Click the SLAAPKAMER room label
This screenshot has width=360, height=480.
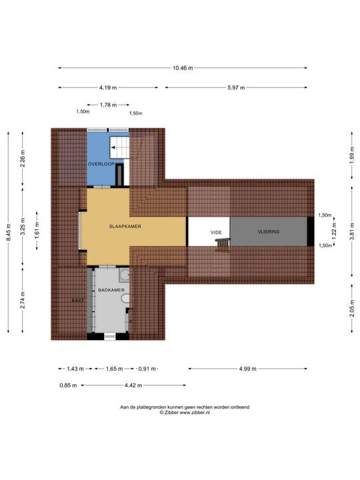[125, 227]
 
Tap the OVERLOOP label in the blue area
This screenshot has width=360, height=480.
[101, 164]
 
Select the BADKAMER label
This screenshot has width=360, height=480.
[111, 290]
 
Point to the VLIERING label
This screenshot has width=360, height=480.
[269, 232]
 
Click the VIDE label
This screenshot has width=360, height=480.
[216, 233]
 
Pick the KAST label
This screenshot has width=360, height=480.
[78, 301]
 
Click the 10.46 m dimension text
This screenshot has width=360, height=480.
[183, 68]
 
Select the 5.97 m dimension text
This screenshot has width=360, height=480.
[236, 87]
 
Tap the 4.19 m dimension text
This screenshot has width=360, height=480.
[108, 87]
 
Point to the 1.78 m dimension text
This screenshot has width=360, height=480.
[109, 105]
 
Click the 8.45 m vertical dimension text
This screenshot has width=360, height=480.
[9, 233]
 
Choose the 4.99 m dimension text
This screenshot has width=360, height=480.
[247, 369]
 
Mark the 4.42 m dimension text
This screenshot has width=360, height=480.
[133, 385]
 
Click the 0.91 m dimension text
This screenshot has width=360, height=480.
[147, 369]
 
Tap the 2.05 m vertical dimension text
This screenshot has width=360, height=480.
[352, 309]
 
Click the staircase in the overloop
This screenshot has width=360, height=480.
[119, 147]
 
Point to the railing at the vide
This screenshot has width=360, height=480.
[223, 243]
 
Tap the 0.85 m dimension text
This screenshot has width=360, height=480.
[68, 385]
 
